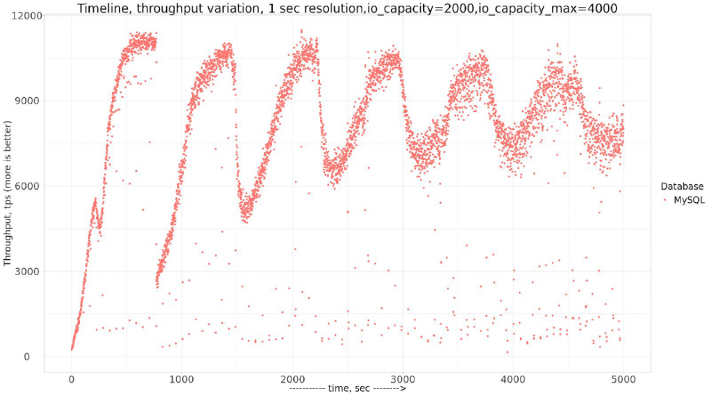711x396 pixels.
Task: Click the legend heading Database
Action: tap(682, 186)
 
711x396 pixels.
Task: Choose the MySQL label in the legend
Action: tap(689, 199)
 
